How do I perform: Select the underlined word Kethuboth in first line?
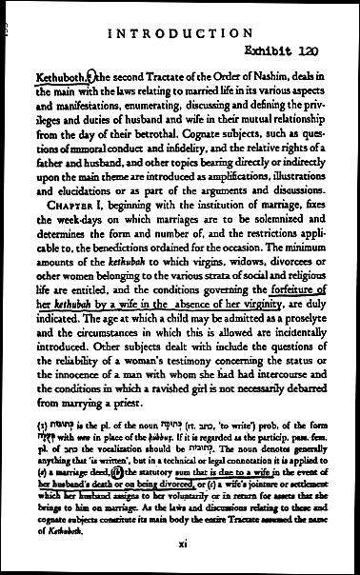click(x=58, y=80)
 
